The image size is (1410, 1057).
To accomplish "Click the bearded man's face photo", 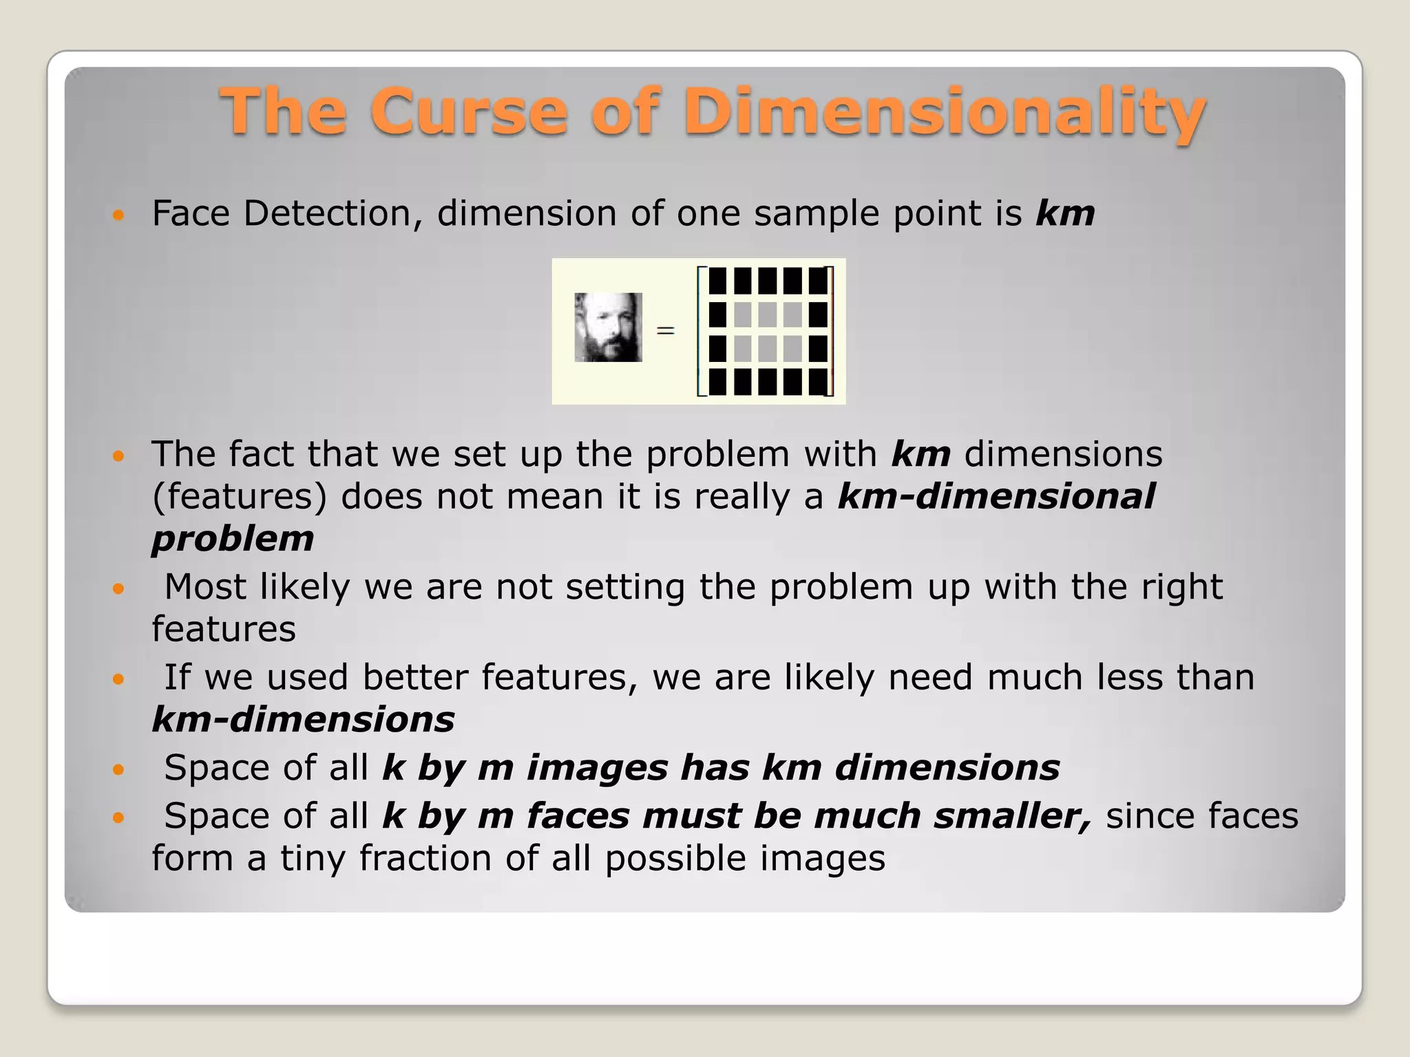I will pyautogui.click(x=608, y=328).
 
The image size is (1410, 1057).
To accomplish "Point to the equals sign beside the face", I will pyautogui.click(x=665, y=331).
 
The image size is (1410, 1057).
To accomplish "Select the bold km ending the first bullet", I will pyautogui.click(x=1065, y=213).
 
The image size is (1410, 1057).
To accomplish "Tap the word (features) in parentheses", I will pyautogui.click(x=240, y=496).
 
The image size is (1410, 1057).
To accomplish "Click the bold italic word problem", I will pyautogui.click(x=233, y=539).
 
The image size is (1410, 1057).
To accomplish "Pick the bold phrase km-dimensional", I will pyautogui.click(x=996, y=496).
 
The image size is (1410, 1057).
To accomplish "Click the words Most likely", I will pyautogui.click(x=257, y=588).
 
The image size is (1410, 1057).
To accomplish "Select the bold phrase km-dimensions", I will pyautogui.click(x=303, y=720).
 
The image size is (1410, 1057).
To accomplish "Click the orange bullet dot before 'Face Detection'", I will pyautogui.click(x=118, y=215).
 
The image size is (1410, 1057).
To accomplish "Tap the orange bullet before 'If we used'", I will pyautogui.click(x=118, y=679).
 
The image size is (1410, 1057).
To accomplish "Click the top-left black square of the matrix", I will pyautogui.click(x=717, y=281).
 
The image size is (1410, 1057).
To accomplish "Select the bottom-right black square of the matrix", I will pyautogui.click(x=818, y=382).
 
